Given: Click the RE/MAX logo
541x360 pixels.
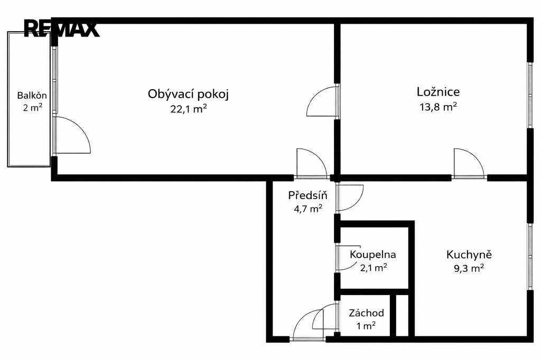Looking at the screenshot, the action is [61, 29].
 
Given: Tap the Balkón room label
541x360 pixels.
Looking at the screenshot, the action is [32, 95].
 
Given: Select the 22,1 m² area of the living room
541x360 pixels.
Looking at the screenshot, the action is [189, 109].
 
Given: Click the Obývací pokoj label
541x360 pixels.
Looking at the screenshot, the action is [189, 94].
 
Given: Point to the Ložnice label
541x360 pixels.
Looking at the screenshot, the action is [438, 92].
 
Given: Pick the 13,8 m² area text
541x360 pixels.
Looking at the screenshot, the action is [438, 107].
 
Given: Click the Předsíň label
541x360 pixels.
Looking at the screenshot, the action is [308, 195].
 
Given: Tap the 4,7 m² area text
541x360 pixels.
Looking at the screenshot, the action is [308, 209].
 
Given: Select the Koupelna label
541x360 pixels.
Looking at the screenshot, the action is [372, 254].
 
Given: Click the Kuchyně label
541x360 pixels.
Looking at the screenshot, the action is [469, 254].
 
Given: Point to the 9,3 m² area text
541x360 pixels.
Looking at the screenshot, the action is [469, 268].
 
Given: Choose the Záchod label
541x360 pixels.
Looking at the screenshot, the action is [366, 313].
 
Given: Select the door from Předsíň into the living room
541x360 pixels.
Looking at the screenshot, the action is [312, 163].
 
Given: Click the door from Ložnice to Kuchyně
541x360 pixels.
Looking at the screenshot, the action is [469, 163].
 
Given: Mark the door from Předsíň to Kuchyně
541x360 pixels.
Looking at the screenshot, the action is [350, 198].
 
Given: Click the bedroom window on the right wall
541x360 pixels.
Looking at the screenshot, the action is [530, 95].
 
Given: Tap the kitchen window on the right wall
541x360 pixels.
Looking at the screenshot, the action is [530, 257].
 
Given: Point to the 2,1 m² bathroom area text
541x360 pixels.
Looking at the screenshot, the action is [374, 268].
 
